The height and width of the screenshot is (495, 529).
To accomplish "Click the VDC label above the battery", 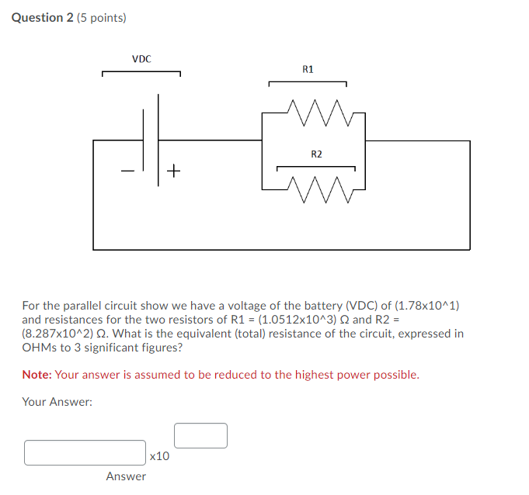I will (x=141, y=59).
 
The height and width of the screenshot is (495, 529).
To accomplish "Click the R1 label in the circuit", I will (x=308, y=70).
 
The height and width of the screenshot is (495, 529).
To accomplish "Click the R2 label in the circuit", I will (x=316, y=154).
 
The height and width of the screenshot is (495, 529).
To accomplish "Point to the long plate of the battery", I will (x=159, y=140).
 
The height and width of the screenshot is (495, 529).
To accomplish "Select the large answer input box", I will (x=85, y=452).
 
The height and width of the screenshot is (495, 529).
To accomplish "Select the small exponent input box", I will (x=200, y=435).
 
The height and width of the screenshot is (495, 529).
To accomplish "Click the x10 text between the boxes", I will (x=159, y=456).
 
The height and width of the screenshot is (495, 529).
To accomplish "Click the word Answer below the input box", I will (x=126, y=476).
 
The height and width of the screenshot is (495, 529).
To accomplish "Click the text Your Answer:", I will (x=57, y=402).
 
